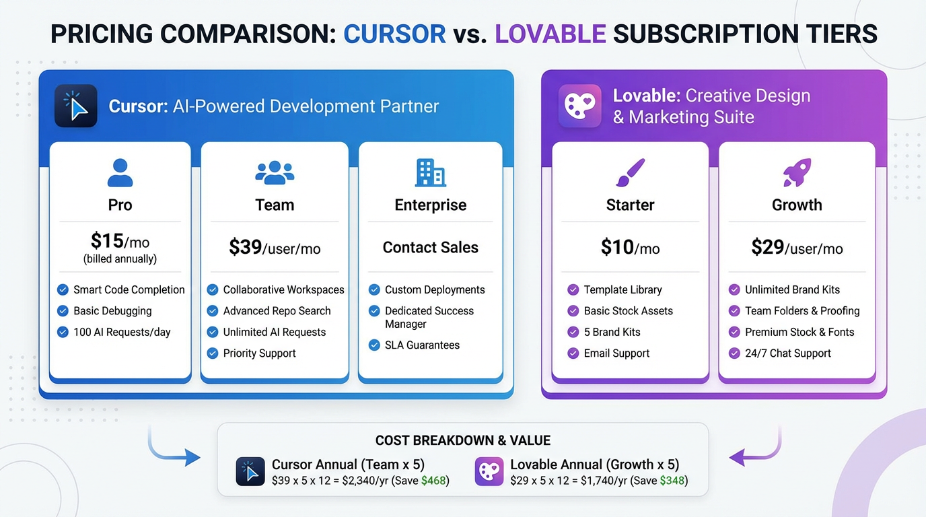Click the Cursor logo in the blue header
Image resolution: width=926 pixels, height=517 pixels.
76,106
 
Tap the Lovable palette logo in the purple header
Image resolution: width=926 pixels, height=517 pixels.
579,106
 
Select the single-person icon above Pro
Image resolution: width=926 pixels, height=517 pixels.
120,173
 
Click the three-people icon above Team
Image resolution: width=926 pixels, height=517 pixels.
275,173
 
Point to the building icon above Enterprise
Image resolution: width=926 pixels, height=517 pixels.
430,173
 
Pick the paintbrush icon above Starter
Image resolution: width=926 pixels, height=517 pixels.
630,173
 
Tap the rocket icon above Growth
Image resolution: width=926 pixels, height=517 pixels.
797,173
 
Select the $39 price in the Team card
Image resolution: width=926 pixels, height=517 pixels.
245,247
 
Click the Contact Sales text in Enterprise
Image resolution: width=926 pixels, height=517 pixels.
430,247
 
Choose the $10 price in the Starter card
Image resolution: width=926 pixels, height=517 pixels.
617,247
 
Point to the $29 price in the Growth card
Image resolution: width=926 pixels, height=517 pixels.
768,247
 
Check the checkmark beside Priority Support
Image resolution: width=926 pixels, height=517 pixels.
212,353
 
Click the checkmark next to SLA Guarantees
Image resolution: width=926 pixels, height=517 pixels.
374,345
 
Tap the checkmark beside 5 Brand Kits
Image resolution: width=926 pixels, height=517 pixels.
573,332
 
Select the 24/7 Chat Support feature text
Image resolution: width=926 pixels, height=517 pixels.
787,353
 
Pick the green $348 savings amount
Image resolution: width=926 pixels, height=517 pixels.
672,481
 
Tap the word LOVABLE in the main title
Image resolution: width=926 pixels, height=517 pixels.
550,34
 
